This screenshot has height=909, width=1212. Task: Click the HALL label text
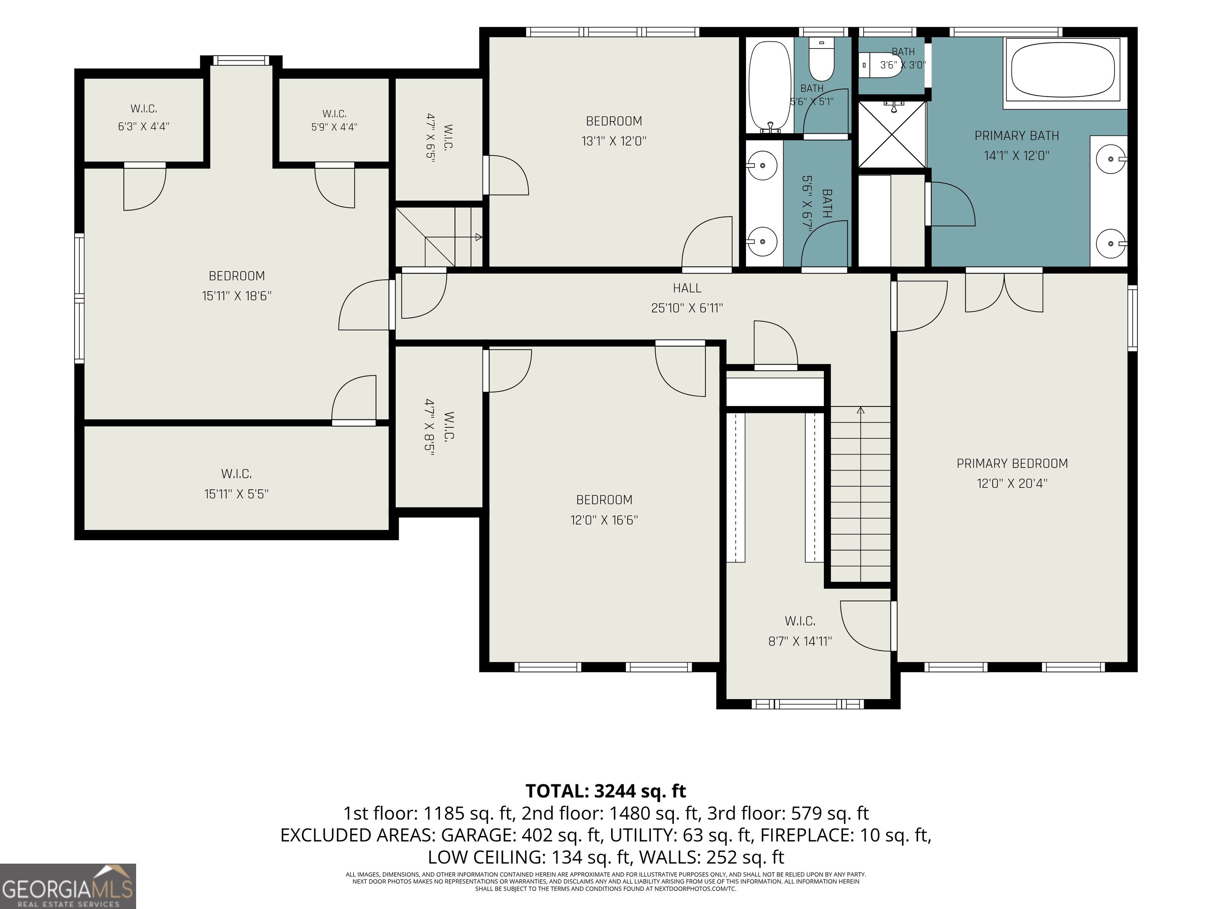(687, 288)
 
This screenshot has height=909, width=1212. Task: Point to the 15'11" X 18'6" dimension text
(237, 296)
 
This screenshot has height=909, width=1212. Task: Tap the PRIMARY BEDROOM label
(1012, 464)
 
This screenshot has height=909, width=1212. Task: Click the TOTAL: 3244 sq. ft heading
(606, 791)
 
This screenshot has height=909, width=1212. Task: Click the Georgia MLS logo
(68, 886)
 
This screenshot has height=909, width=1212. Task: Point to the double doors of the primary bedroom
(1004, 293)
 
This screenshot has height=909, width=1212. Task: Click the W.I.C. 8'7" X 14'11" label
(800, 631)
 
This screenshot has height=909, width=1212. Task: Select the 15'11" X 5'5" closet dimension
(236, 494)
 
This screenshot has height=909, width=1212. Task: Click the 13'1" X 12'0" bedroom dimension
(613, 141)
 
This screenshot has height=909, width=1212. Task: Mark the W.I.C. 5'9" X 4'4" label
(334, 120)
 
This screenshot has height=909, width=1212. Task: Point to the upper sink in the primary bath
(1111, 158)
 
